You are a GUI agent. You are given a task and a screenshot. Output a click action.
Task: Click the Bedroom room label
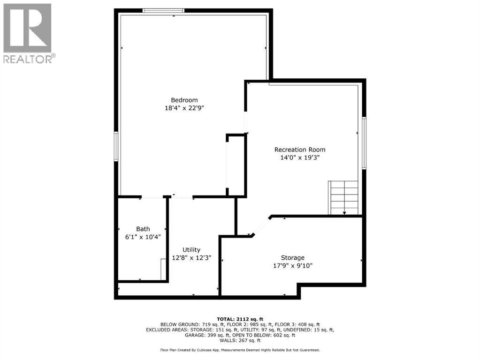[x=184, y=100]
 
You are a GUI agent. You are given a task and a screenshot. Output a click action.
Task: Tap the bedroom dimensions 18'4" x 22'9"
[x=184, y=108]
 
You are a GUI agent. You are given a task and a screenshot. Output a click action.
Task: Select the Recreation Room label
[x=299, y=150]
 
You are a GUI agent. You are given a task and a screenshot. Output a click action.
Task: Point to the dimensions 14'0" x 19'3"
[x=299, y=158]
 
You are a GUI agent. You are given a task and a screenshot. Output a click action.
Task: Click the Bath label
[x=143, y=229]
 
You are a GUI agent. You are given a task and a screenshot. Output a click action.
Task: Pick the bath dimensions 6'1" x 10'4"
[x=143, y=237]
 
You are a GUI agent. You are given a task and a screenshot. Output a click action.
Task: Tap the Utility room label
[x=191, y=250]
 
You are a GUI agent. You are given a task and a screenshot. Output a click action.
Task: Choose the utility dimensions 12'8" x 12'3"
[x=191, y=258]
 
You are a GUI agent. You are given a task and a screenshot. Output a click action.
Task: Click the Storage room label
[x=293, y=258]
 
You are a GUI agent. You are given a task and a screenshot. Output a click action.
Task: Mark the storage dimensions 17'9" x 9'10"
[x=293, y=266]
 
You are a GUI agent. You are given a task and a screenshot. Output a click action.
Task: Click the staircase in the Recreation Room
[x=343, y=197]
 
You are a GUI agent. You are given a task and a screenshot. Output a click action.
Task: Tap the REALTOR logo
[x=28, y=33]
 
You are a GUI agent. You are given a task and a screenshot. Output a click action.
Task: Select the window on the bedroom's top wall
[x=163, y=10]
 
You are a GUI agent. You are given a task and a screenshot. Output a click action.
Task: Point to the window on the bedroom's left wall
[x=116, y=147]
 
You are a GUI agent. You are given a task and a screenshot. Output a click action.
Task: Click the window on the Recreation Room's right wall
[x=364, y=143]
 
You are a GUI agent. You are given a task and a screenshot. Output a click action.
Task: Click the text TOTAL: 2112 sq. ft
[x=240, y=318]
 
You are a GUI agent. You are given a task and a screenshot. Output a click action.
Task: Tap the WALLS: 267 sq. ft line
[x=240, y=341]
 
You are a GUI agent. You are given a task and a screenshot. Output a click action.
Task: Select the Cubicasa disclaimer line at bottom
[x=240, y=350]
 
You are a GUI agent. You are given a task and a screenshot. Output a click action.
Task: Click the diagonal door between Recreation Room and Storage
[x=261, y=226]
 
